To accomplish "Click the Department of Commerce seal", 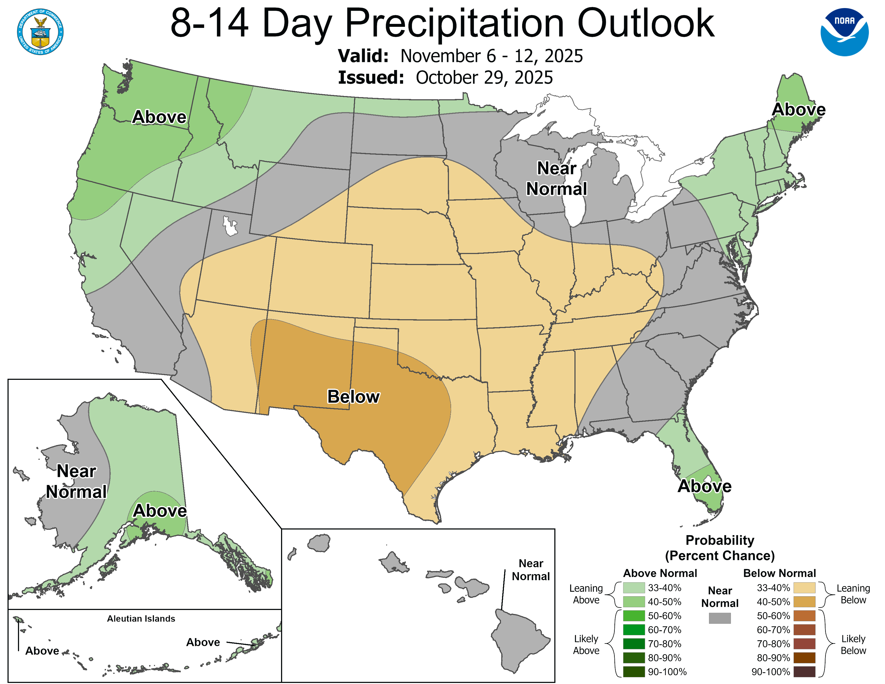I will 40,32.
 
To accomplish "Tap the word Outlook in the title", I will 646,24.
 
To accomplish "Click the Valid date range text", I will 491,56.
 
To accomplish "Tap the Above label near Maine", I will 798,109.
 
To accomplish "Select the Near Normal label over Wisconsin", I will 556,178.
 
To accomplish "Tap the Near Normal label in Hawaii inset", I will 530,570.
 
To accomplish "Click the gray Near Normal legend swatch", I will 720,618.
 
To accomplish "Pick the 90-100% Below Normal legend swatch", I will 804,672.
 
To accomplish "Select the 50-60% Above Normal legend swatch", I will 634,616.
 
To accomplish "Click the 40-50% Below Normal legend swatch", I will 804,602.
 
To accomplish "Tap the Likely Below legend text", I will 853,644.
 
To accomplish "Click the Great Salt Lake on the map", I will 230,226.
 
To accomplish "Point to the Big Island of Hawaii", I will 519,640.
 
